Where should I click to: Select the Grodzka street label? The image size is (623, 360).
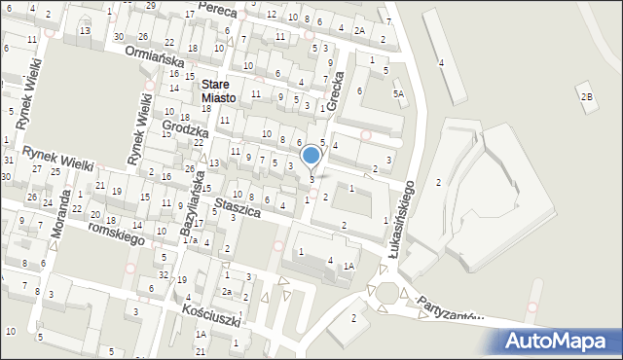186,129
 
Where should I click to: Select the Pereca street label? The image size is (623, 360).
217,9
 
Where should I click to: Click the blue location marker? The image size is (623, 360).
311,155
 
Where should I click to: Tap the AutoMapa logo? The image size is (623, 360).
559,340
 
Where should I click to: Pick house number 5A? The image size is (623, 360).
397,93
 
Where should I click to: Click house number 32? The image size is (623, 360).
164,275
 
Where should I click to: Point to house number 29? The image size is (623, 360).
149,6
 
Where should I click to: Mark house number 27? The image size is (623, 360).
36,169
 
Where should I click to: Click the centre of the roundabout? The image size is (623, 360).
388,293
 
